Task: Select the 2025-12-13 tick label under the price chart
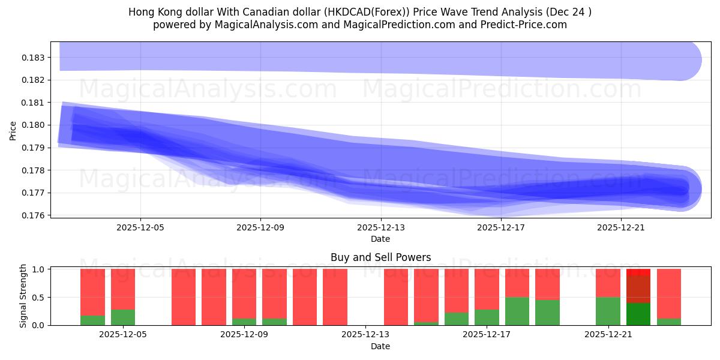point(380,227)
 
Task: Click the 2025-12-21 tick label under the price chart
point(620,227)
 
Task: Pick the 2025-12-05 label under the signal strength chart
point(123,335)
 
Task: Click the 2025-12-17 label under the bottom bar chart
point(487,335)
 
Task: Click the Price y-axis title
point(13,130)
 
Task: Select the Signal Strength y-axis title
point(23,296)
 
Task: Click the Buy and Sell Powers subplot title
point(380,257)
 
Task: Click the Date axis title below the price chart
point(380,239)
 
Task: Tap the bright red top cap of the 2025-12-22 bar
point(638,272)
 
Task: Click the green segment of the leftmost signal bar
point(92,320)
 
